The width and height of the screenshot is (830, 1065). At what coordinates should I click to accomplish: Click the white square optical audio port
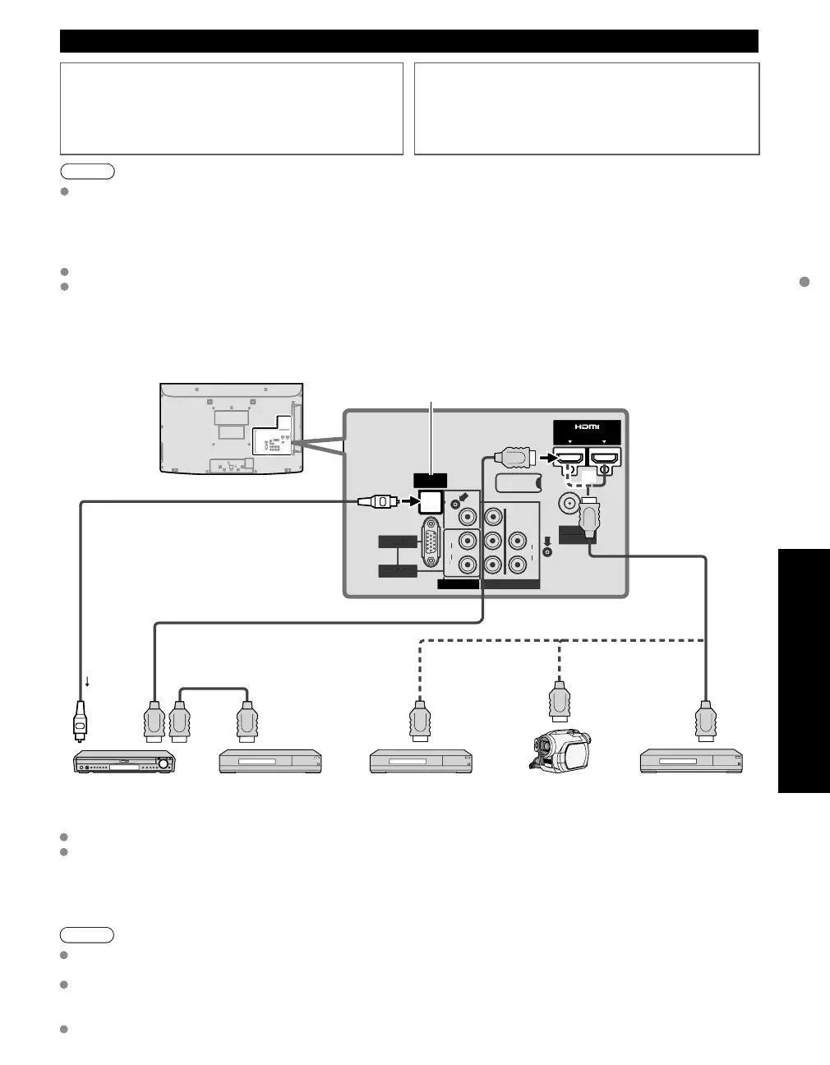429,500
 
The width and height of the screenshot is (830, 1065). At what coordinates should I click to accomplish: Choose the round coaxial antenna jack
567,503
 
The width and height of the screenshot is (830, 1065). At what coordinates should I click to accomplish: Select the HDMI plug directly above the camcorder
559,701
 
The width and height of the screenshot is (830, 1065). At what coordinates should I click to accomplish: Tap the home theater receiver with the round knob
126,762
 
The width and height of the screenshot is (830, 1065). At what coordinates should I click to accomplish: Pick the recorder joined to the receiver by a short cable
270,761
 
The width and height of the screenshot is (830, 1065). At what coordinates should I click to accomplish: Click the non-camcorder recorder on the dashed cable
422,761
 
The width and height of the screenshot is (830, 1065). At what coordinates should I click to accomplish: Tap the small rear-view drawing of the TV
232,428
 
